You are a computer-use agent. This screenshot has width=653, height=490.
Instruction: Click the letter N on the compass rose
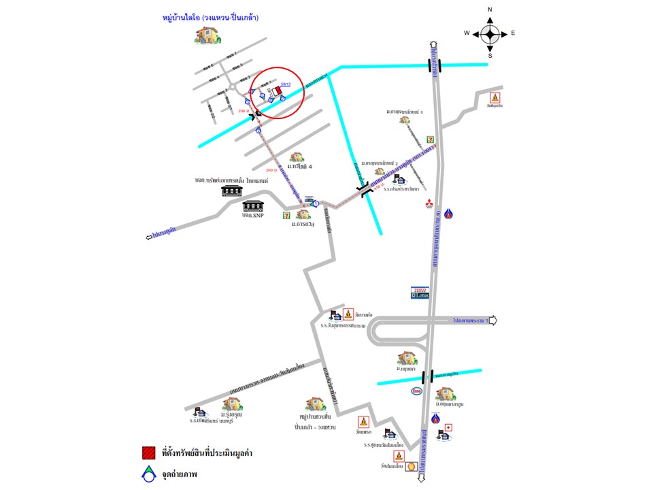(490, 10)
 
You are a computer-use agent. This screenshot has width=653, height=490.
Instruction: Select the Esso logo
(416, 391)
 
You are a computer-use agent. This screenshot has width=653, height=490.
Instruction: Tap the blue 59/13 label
(286, 84)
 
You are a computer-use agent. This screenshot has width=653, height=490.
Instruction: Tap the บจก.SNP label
(252, 215)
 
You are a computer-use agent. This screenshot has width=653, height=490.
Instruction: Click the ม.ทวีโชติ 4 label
(299, 167)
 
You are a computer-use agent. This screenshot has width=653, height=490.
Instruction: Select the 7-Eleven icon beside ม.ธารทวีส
(286, 215)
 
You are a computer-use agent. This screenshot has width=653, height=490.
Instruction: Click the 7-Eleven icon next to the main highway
(430, 139)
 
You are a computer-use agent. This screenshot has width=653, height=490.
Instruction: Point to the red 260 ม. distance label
(271, 169)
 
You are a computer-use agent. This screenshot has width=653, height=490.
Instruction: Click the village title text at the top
(211, 17)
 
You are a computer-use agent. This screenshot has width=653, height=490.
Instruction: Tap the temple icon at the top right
(496, 97)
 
